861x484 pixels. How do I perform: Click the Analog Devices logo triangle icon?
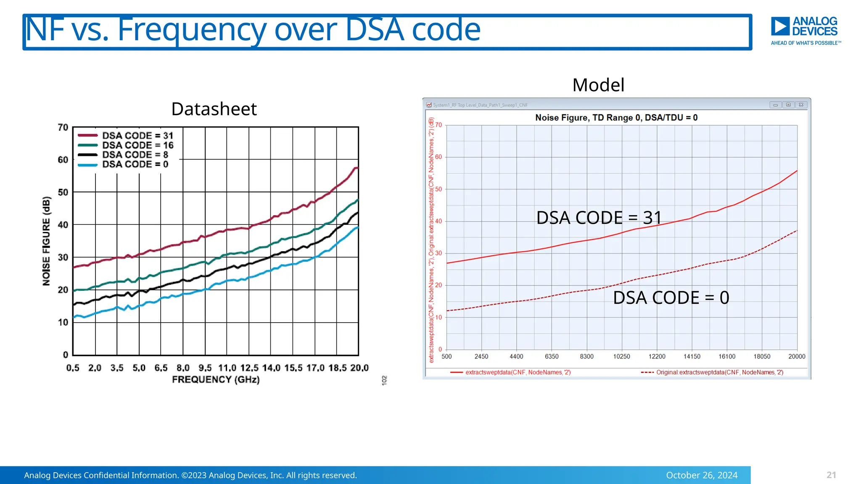pos(780,26)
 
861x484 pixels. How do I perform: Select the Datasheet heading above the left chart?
pos(214,109)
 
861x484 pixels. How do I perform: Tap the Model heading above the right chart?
pos(598,85)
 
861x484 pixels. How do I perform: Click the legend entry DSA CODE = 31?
pos(137,136)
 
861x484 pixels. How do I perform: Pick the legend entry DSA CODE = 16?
pos(137,145)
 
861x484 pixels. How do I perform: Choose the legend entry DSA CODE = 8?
pos(135,155)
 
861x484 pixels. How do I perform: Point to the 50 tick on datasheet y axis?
pos(63,192)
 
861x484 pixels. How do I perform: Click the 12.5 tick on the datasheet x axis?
pos(249,368)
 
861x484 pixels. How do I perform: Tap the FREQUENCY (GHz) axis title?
pos(216,380)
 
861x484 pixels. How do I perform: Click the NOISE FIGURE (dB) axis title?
pos(46,241)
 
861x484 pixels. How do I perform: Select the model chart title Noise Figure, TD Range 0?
pos(616,118)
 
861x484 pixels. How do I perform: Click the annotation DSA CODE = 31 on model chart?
pos(599,218)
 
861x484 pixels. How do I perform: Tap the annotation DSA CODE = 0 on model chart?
pos(671,298)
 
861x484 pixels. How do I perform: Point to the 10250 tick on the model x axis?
pos(621,357)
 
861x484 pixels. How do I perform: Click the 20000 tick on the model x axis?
pos(796,357)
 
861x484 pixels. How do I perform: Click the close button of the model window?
pos(801,105)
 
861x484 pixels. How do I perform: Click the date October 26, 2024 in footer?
pos(701,475)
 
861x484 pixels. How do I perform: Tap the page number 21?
pos(831,475)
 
